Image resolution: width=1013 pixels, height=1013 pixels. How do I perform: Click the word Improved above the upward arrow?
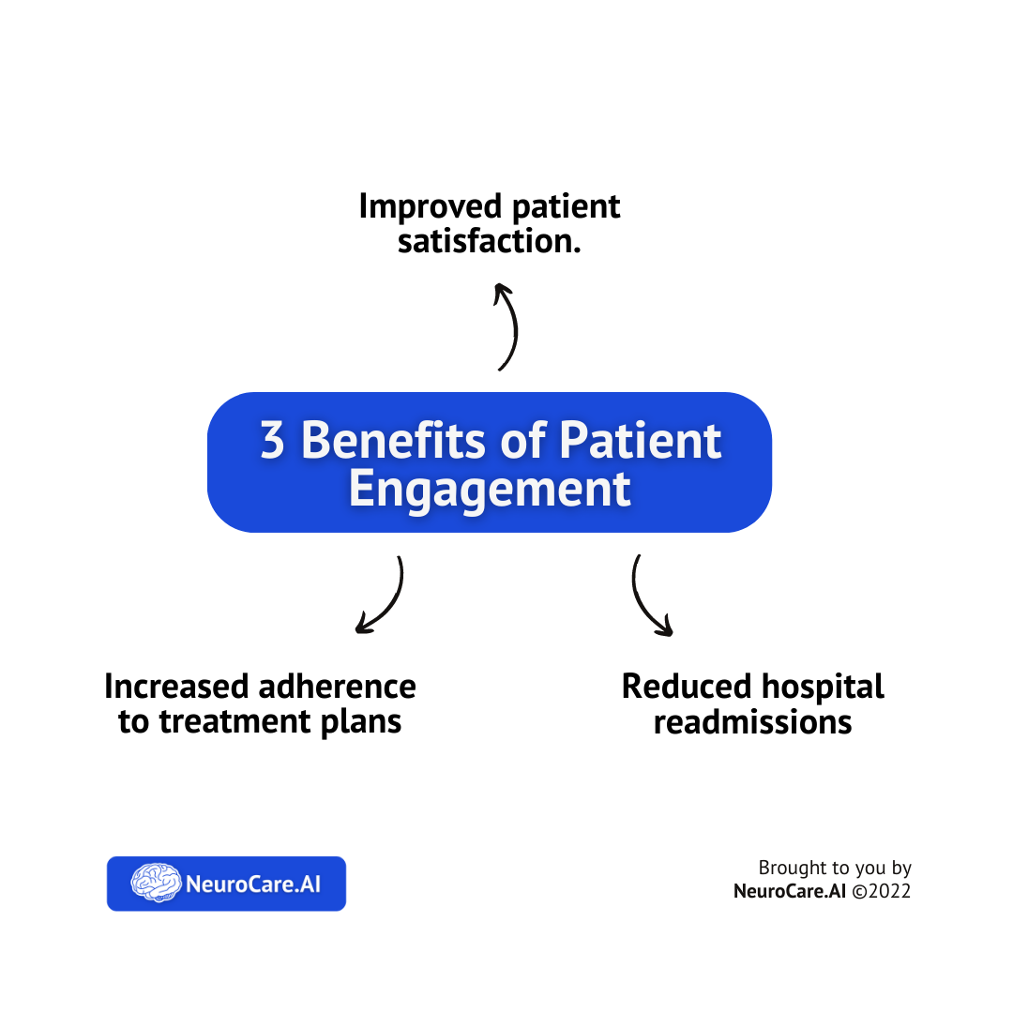[x=431, y=207]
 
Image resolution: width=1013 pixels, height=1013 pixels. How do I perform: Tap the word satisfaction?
[x=489, y=242]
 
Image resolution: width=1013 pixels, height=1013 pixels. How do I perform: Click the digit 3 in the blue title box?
[x=272, y=440]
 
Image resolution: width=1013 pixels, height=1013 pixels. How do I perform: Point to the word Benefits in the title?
[x=393, y=440]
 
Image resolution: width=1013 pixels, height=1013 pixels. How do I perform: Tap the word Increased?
[x=175, y=687]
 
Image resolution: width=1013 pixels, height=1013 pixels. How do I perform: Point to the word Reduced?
[x=687, y=687]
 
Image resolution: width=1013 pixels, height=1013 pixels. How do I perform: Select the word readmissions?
[x=752, y=722]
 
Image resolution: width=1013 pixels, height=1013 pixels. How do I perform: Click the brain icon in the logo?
[x=156, y=883]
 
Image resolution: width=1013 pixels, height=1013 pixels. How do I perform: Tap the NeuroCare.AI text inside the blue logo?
[x=253, y=884]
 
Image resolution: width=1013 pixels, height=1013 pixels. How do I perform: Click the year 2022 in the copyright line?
[x=889, y=892]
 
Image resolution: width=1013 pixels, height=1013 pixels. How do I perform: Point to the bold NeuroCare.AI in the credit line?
[x=790, y=892]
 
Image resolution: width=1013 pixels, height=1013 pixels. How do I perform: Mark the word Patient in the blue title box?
[x=641, y=440]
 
